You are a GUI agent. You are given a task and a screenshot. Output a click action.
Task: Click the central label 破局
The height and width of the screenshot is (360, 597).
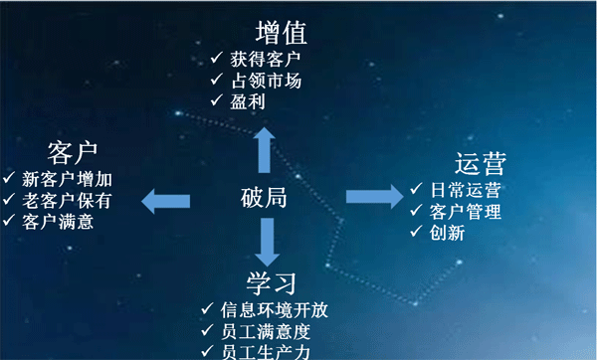[x=264, y=198]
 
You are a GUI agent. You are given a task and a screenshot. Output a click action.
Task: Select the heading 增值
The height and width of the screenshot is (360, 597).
[x=282, y=33]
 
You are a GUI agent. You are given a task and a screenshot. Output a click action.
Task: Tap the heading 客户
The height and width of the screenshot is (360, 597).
[x=73, y=153]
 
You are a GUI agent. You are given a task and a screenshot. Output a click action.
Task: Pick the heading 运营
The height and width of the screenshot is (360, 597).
[x=481, y=164]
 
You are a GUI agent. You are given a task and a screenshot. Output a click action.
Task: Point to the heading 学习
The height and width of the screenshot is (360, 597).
[x=271, y=283]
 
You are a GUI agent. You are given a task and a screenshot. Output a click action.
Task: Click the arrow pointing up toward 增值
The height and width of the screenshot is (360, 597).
[x=265, y=150]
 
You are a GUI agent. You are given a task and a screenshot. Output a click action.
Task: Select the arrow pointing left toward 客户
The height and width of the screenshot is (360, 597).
[x=165, y=201]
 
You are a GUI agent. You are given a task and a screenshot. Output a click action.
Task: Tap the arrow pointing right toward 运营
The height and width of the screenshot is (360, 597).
[x=375, y=196]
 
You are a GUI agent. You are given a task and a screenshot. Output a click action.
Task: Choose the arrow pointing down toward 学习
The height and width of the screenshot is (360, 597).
[x=268, y=242]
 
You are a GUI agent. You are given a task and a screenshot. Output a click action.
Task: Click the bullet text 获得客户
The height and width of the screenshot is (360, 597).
[x=266, y=59]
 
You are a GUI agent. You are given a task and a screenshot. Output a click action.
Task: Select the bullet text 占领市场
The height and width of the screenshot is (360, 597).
[x=266, y=81]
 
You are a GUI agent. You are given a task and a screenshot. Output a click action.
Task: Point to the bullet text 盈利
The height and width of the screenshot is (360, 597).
[x=248, y=101]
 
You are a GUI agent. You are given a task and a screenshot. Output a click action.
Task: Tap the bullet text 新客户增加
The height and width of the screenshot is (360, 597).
[x=67, y=179]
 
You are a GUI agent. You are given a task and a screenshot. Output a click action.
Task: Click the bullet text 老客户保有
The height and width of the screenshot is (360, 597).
[x=67, y=201]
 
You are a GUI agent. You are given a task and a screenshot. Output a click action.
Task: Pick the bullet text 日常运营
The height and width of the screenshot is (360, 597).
[x=466, y=190]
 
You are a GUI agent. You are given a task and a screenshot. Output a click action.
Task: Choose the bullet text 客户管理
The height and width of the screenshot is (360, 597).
[x=466, y=211]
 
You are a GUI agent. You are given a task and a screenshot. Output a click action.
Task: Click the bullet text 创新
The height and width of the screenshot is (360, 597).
[x=448, y=233]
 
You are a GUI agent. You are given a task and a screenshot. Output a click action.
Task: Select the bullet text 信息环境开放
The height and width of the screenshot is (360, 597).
[x=275, y=309]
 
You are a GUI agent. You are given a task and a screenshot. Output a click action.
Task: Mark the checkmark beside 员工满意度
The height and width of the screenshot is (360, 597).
[x=208, y=330]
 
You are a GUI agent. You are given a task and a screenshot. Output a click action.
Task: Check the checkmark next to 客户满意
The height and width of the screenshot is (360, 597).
[x=9, y=220]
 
